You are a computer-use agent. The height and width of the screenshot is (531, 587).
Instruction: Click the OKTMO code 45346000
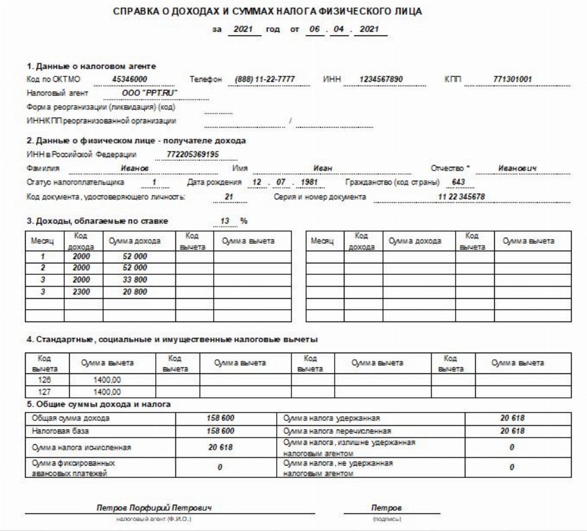[x=129, y=79]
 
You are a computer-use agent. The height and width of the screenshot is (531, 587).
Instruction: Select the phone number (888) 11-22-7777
[x=264, y=79]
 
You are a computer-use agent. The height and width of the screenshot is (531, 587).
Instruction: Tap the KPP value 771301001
[x=513, y=79]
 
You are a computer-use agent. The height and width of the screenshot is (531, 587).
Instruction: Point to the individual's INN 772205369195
[x=193, y=154]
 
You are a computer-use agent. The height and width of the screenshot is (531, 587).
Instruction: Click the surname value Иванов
[x=135, y=168]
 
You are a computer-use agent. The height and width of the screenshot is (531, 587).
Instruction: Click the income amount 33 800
[x=135, y=280]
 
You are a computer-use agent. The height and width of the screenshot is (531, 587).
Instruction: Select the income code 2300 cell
[x=81, y=292]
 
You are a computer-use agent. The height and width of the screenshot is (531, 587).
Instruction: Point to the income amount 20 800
[x=135, y=292]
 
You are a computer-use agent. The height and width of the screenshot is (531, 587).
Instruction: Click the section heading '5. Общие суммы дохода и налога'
[x=98, y=404]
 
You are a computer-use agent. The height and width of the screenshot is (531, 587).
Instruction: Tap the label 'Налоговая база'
[x=54, y=431]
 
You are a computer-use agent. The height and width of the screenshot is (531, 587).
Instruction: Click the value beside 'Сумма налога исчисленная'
[x=221, y=447]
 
